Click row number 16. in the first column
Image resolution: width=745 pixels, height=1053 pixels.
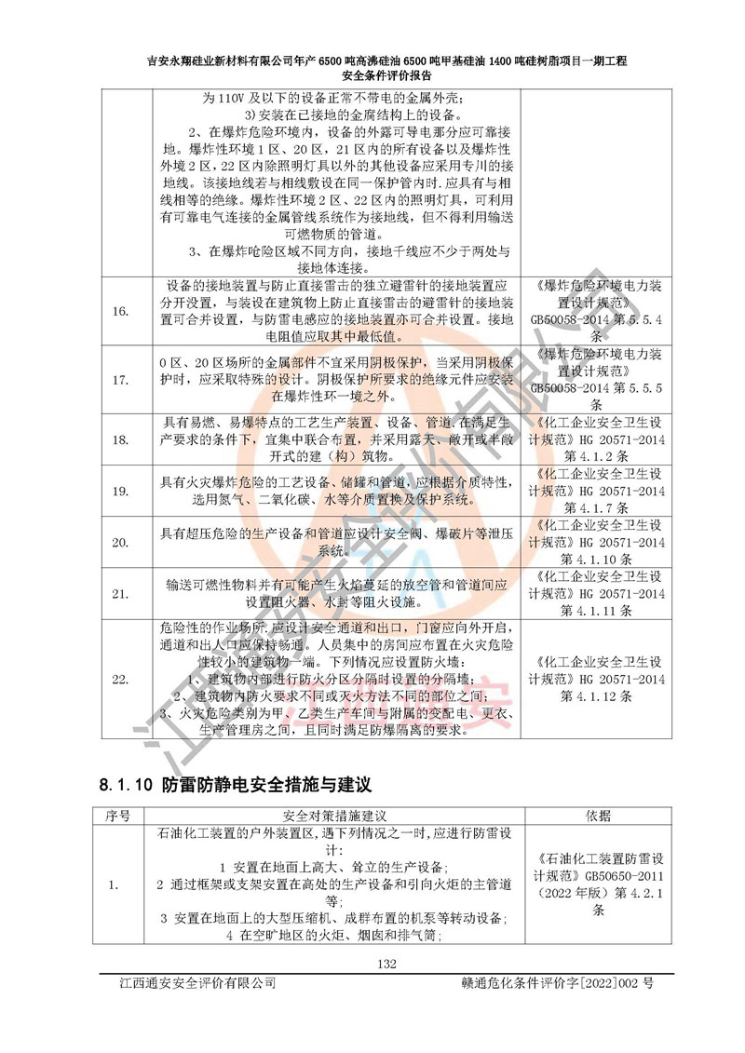[x=119, y=310]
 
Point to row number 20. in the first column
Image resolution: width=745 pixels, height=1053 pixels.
[x=119, y=541]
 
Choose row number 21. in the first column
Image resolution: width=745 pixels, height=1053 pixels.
[x=119, y=592]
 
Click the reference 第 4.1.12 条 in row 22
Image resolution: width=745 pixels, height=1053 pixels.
[x=598, y=695]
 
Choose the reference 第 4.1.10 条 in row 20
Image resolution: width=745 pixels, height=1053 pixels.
[x=598, y=560]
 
